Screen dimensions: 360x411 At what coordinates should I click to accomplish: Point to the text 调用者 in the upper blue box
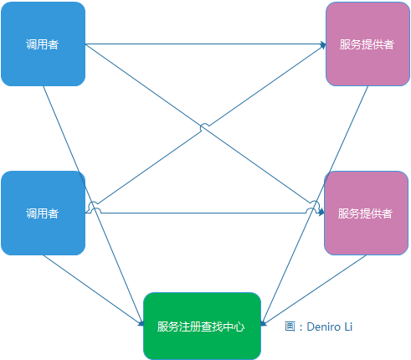[43, 44]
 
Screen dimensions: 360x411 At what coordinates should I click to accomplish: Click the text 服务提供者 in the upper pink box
[367, 44]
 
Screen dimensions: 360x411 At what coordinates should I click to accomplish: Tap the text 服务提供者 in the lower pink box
[366, 213]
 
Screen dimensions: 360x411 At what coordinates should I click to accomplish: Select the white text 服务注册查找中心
[202, 326]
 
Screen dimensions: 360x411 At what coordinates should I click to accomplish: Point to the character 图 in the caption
[290, 327]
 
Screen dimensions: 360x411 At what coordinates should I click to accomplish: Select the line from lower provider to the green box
[314, 288]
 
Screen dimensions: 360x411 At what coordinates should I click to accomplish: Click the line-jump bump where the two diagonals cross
[204, 127]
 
